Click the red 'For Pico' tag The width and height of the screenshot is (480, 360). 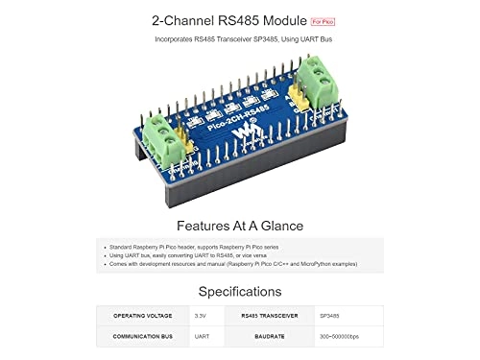click(x=323, y=20)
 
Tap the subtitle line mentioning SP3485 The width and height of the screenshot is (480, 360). click(x=239, y=39)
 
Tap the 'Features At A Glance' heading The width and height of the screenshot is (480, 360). click(x=239, y=226)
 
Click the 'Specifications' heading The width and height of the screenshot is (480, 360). click(x=239, y=291)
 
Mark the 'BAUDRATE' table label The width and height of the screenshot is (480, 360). click(x=271, y=337)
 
